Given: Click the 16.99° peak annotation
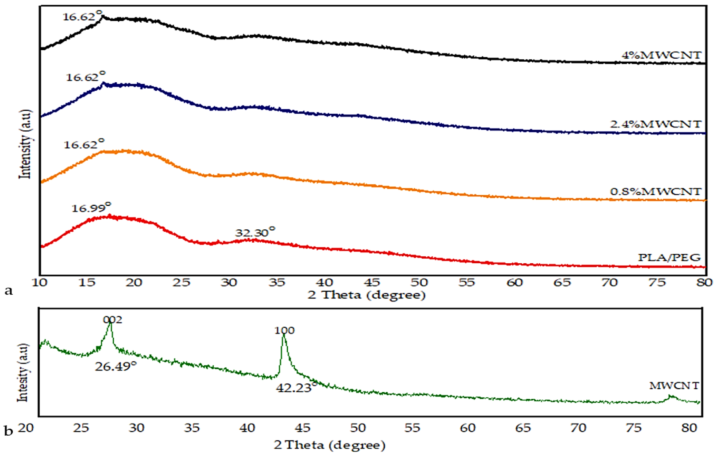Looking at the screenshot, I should click(x=91, y=208).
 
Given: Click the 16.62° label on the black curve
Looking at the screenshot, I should click(x=82, y=16).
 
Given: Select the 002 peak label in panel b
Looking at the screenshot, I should click(x=112, y=320).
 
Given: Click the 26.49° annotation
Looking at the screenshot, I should click(x=116, y=366).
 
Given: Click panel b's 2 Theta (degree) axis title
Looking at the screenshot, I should click(x=329, y=445).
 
